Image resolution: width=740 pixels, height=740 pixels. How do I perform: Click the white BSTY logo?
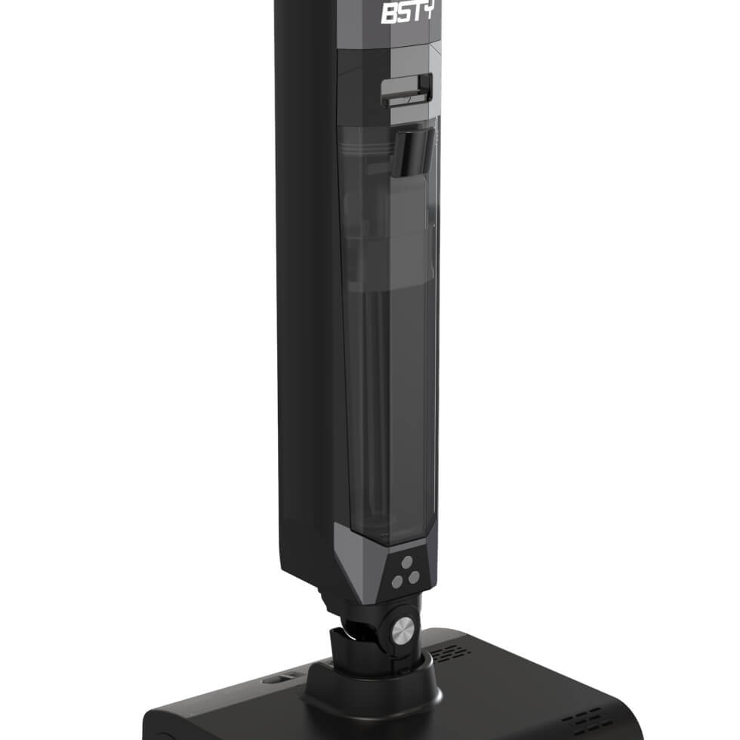pyautogui.click(x=408, y=12)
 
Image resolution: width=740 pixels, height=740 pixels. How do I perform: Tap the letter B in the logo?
pyautogui.click(x=390, y=14)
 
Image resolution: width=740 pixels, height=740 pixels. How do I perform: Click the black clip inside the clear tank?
pyautogui.click(x=414, y=152)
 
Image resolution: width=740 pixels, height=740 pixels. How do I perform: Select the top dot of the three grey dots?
pyautogui.click(x=407, y=562)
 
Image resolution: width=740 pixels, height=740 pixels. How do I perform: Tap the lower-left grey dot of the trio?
pyautogui.click(x=397, y=582)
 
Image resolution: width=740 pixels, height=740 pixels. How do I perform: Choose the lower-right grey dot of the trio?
pyautogui.click(x=414, y=577)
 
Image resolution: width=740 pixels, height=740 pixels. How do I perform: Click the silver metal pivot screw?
pyautogui.click(x=403, y=629)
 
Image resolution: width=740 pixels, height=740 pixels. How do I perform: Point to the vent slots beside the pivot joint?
pyautogui.click(x=451, y=654)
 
